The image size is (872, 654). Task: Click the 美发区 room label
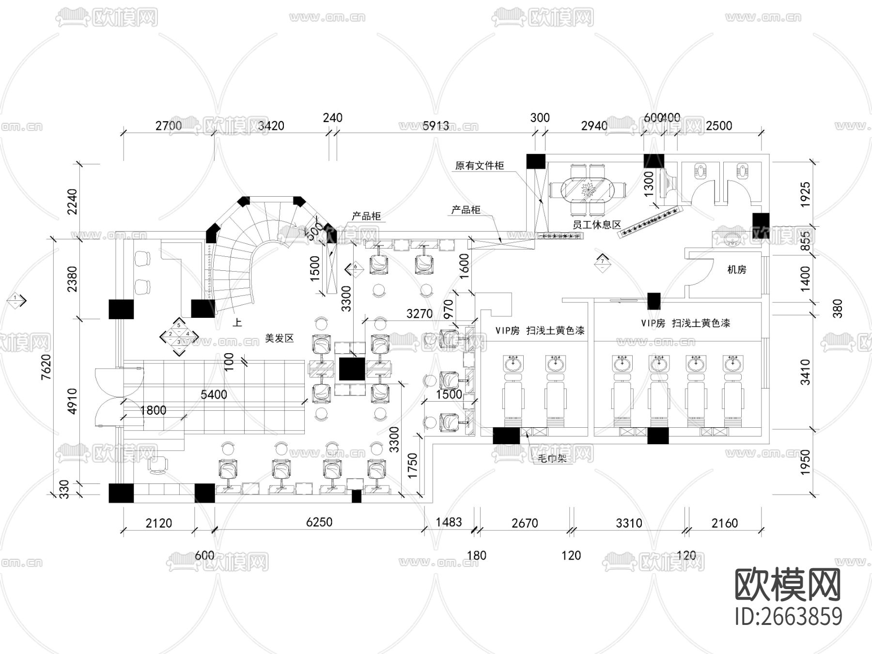tap(280, 338)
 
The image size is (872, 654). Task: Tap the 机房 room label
tap(737, 270)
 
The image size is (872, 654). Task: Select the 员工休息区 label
tap(596, 225)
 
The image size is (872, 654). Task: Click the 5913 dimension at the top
tap(436, 126)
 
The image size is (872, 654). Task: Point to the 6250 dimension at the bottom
tap(319, 522)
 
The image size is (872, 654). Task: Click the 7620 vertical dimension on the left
tap(46, 367)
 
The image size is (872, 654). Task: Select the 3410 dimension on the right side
tap(805, 372)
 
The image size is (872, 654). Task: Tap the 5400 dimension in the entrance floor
tap(214, 394)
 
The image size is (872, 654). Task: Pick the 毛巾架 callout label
tap(552, 458)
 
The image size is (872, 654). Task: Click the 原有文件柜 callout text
tap(480, 166)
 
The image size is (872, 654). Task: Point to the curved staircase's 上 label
tap(237, 322)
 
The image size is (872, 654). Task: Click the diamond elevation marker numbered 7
tap(603, 262)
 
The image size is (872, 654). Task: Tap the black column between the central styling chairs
tap(352, 369)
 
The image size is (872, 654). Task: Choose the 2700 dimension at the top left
tap(169, 126)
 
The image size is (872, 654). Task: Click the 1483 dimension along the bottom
tap(449, 522)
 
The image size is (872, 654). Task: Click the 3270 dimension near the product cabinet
tap(420, 314)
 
